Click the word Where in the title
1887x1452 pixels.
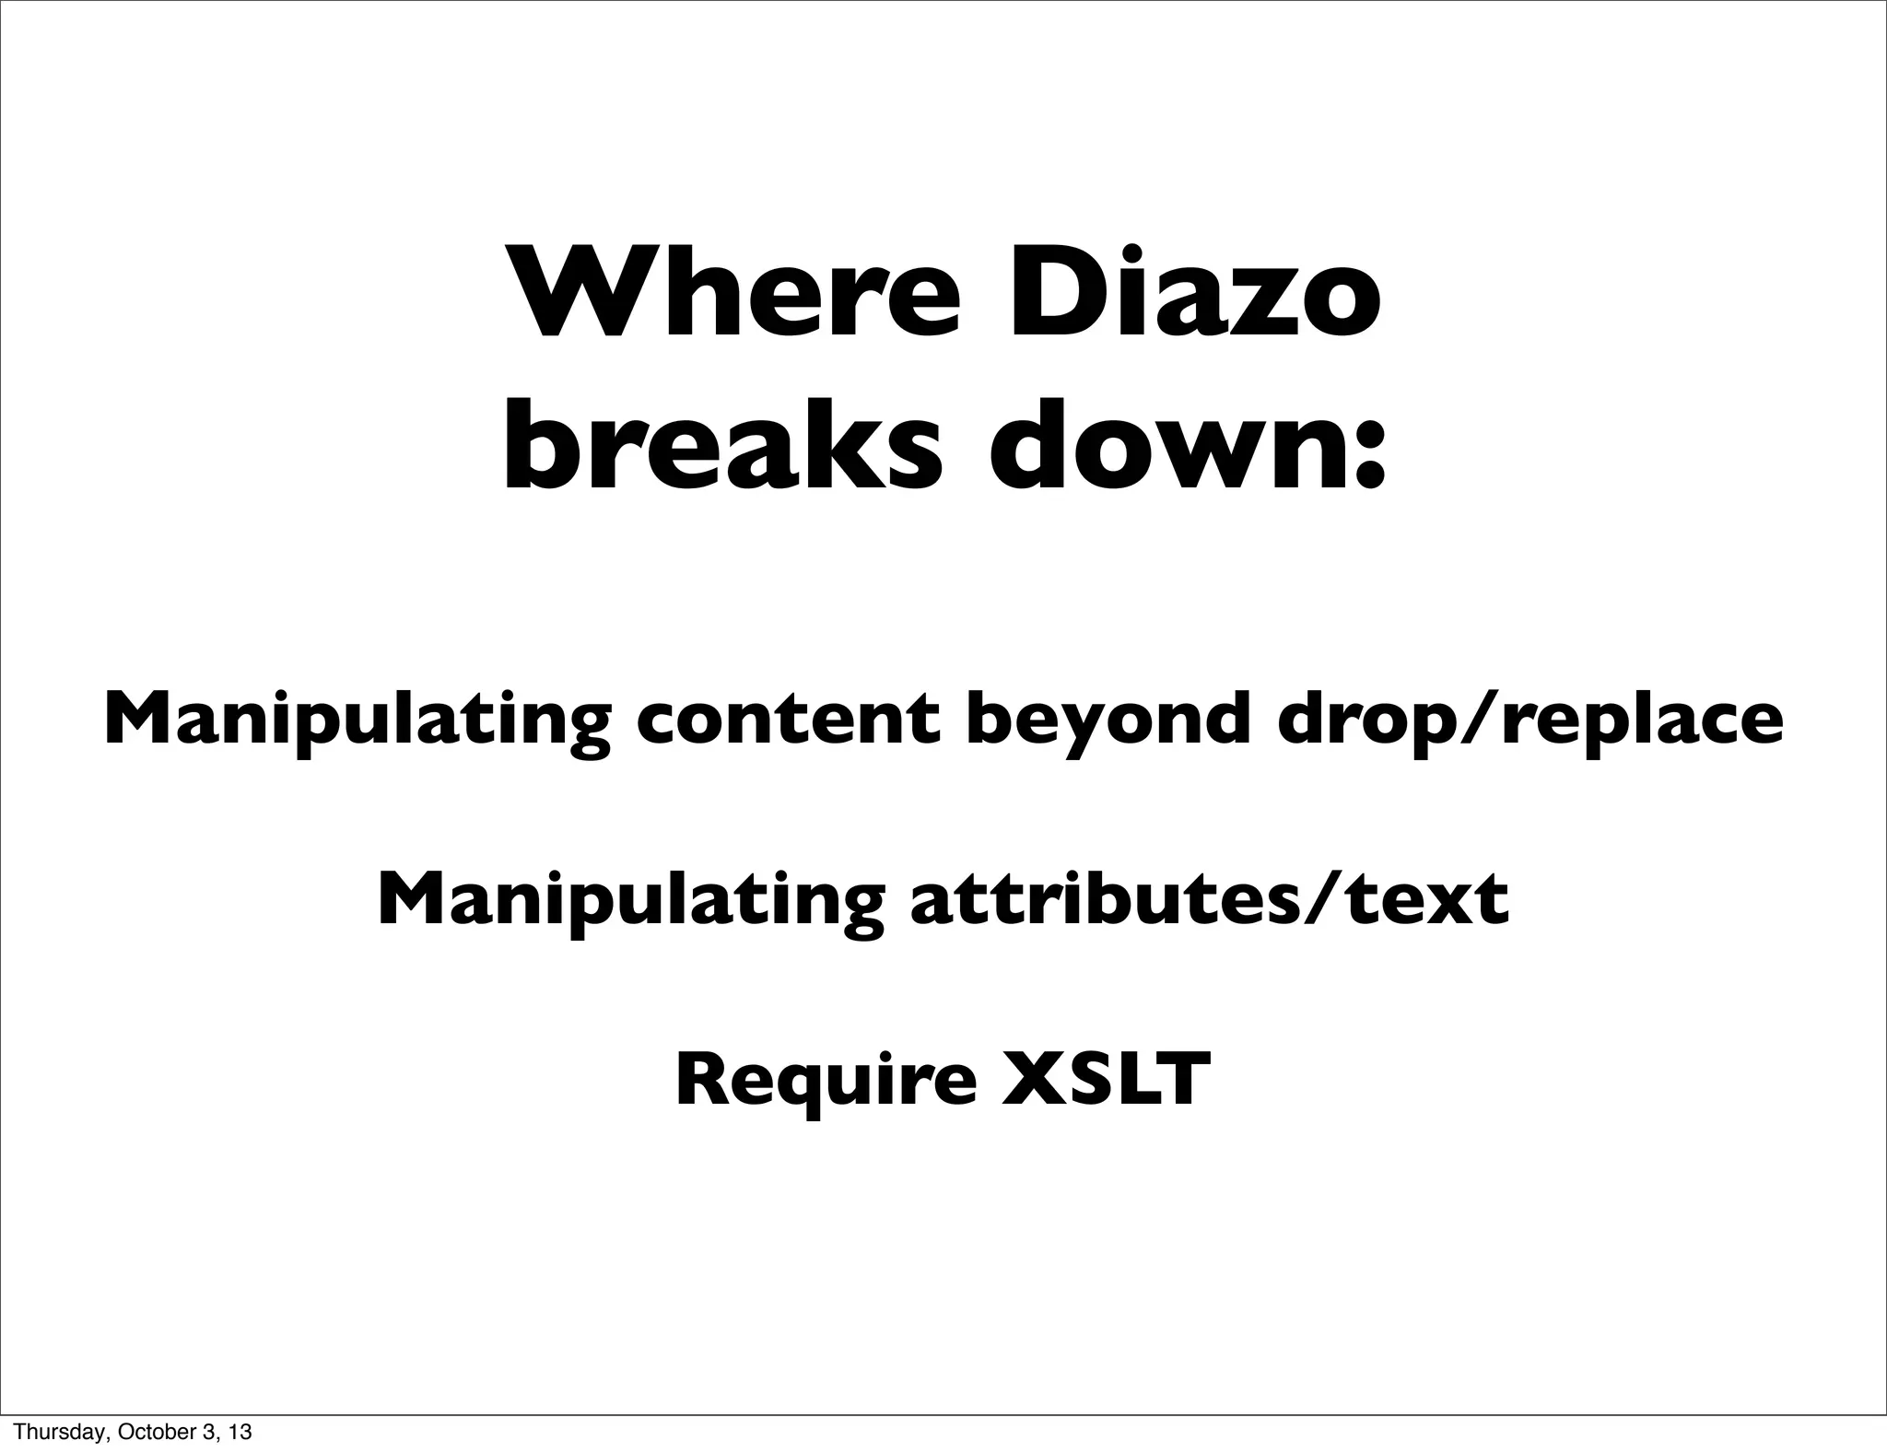[737, 292]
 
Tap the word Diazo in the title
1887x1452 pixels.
[1194, 292]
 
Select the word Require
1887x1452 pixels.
[826, 1080]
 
